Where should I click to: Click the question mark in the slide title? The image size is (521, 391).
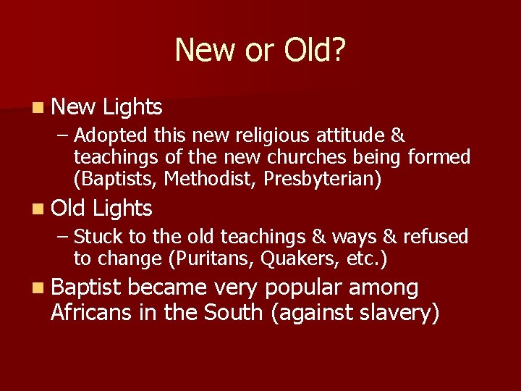pyautogui.click(x=338, y=50)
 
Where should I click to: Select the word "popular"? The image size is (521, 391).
pyautogui.click(x=303, y=288)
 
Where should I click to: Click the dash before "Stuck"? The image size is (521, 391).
pyautogui.click(x=64, y=237)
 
